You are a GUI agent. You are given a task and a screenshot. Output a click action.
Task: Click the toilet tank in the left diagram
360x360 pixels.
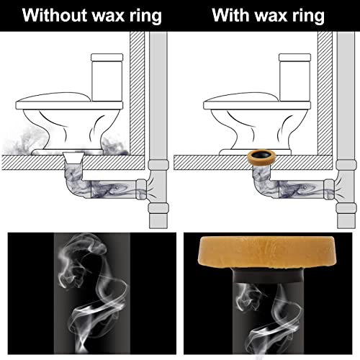point(109,75)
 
